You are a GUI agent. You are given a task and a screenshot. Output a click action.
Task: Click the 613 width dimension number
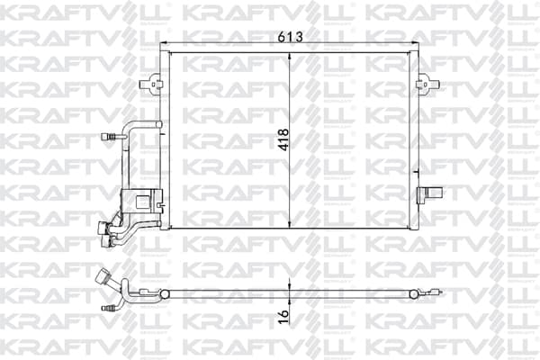291,37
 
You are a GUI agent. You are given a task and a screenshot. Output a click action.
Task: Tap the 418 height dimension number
283,139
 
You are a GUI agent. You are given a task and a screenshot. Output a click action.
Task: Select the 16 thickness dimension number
283,316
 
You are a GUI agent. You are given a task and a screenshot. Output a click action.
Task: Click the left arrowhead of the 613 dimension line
165,42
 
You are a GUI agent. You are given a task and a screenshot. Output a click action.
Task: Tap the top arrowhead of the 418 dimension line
290,56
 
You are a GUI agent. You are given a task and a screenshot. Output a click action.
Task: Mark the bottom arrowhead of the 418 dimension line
290,224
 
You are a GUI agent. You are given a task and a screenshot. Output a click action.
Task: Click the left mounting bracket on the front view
150,84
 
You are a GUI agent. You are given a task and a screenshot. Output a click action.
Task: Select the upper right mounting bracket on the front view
427,84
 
